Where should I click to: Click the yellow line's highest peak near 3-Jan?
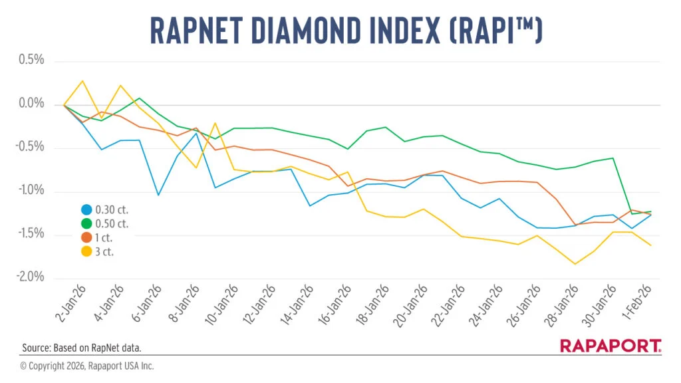pos(82,81)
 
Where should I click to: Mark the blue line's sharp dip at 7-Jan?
pos(158,195)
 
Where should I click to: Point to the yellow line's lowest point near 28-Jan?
pos(575,264)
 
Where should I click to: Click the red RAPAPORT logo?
pos(610,345)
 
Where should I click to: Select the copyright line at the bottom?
pos(86,366)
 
